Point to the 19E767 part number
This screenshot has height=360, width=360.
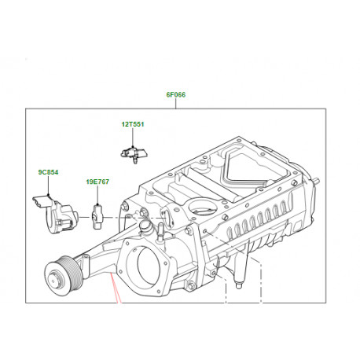97,182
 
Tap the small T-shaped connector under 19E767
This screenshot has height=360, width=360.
97,212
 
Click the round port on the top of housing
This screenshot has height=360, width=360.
204,208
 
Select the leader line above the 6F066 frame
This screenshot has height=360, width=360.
175,104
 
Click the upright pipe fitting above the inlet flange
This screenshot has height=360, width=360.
145,230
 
